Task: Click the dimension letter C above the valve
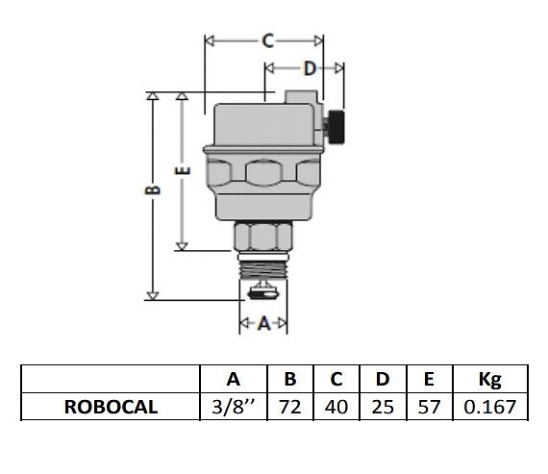[x=267, y=41]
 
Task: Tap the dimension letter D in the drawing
[x=310, y=68]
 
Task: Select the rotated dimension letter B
[x=153, y=189]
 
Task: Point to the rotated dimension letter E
[x=183, y=170]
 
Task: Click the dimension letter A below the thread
[x=263, y=323]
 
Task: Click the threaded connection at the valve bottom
[x=263, y=266]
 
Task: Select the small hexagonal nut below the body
[x=262, y=237]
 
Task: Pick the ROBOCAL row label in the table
[x=111, y=407]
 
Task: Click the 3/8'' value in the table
[x=234, y=407]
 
